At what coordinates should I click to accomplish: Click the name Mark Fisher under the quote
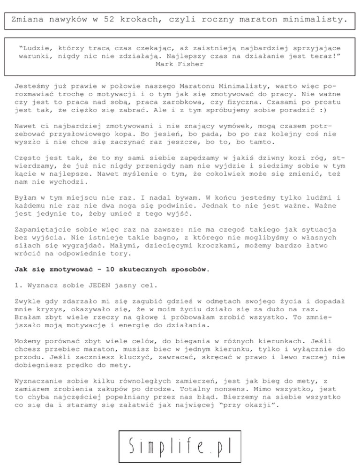(x=180, y=64)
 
